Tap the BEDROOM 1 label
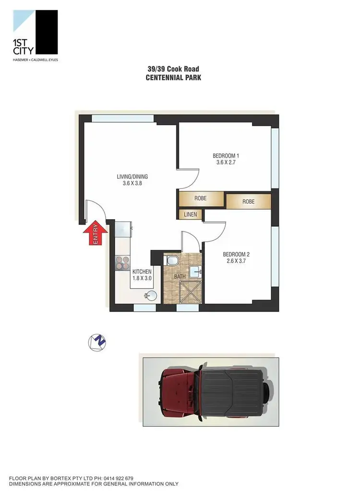pyautogui.click(x=226, y=156)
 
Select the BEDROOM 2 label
pyautogui.click(x=236, y=255)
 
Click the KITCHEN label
pyautogui.click(x=142, y=272)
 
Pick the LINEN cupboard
pyautogui.click(x=190, y=215)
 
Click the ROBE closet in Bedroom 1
pyautogui.click(x=201, y=199)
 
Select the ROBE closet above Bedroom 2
pyautogui.click(x=248, y=201)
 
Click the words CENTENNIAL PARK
pyautogui.click(x=173, y=77)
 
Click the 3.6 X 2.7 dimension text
pyautogui.click(x=226, y=162)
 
